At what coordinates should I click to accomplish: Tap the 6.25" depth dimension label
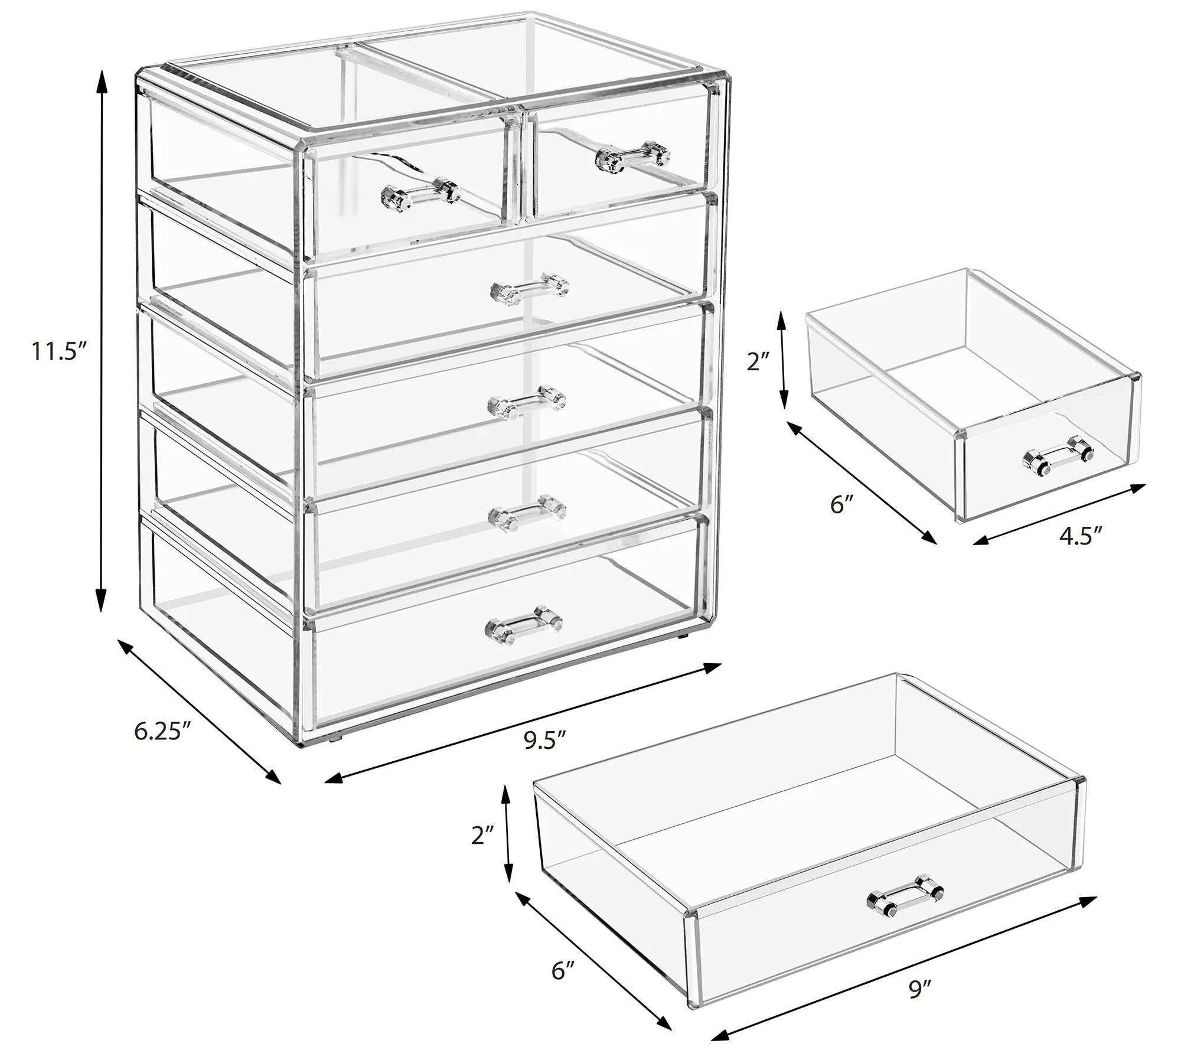(162, 731)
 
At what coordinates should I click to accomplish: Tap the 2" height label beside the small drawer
(758, 361)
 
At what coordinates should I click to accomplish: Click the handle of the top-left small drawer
(421, 191)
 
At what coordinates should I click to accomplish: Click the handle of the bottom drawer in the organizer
(523, 621)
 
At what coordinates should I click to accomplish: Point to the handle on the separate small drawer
(1058, 456)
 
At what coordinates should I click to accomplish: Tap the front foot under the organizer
(337, 738)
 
